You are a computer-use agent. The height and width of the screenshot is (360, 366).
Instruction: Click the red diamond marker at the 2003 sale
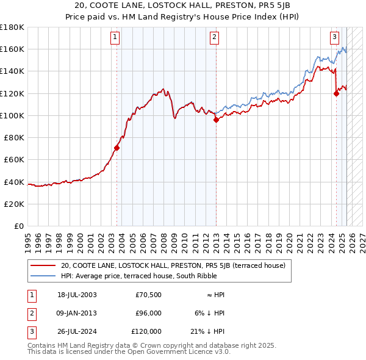(x=117, y=148)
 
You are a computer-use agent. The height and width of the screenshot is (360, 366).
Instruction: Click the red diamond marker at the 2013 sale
(x=216, y=120)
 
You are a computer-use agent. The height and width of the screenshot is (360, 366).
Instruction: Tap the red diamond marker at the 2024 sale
(x=336, y=93)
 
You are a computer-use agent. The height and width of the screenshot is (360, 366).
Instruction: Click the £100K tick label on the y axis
(x=12, y=115)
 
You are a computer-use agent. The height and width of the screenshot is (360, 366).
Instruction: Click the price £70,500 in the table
(x=148, y=294)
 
